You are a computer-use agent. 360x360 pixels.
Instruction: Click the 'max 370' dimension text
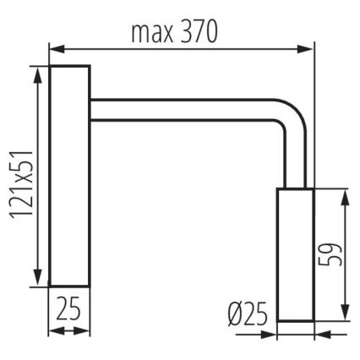[174, 33]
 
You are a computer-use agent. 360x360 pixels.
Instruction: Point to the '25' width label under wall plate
[69, 308]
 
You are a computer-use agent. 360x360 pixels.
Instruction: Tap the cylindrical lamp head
[296, 254]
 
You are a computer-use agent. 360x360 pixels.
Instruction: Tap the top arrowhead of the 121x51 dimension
[37, 73]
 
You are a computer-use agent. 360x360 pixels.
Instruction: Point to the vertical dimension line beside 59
[346, 254]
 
